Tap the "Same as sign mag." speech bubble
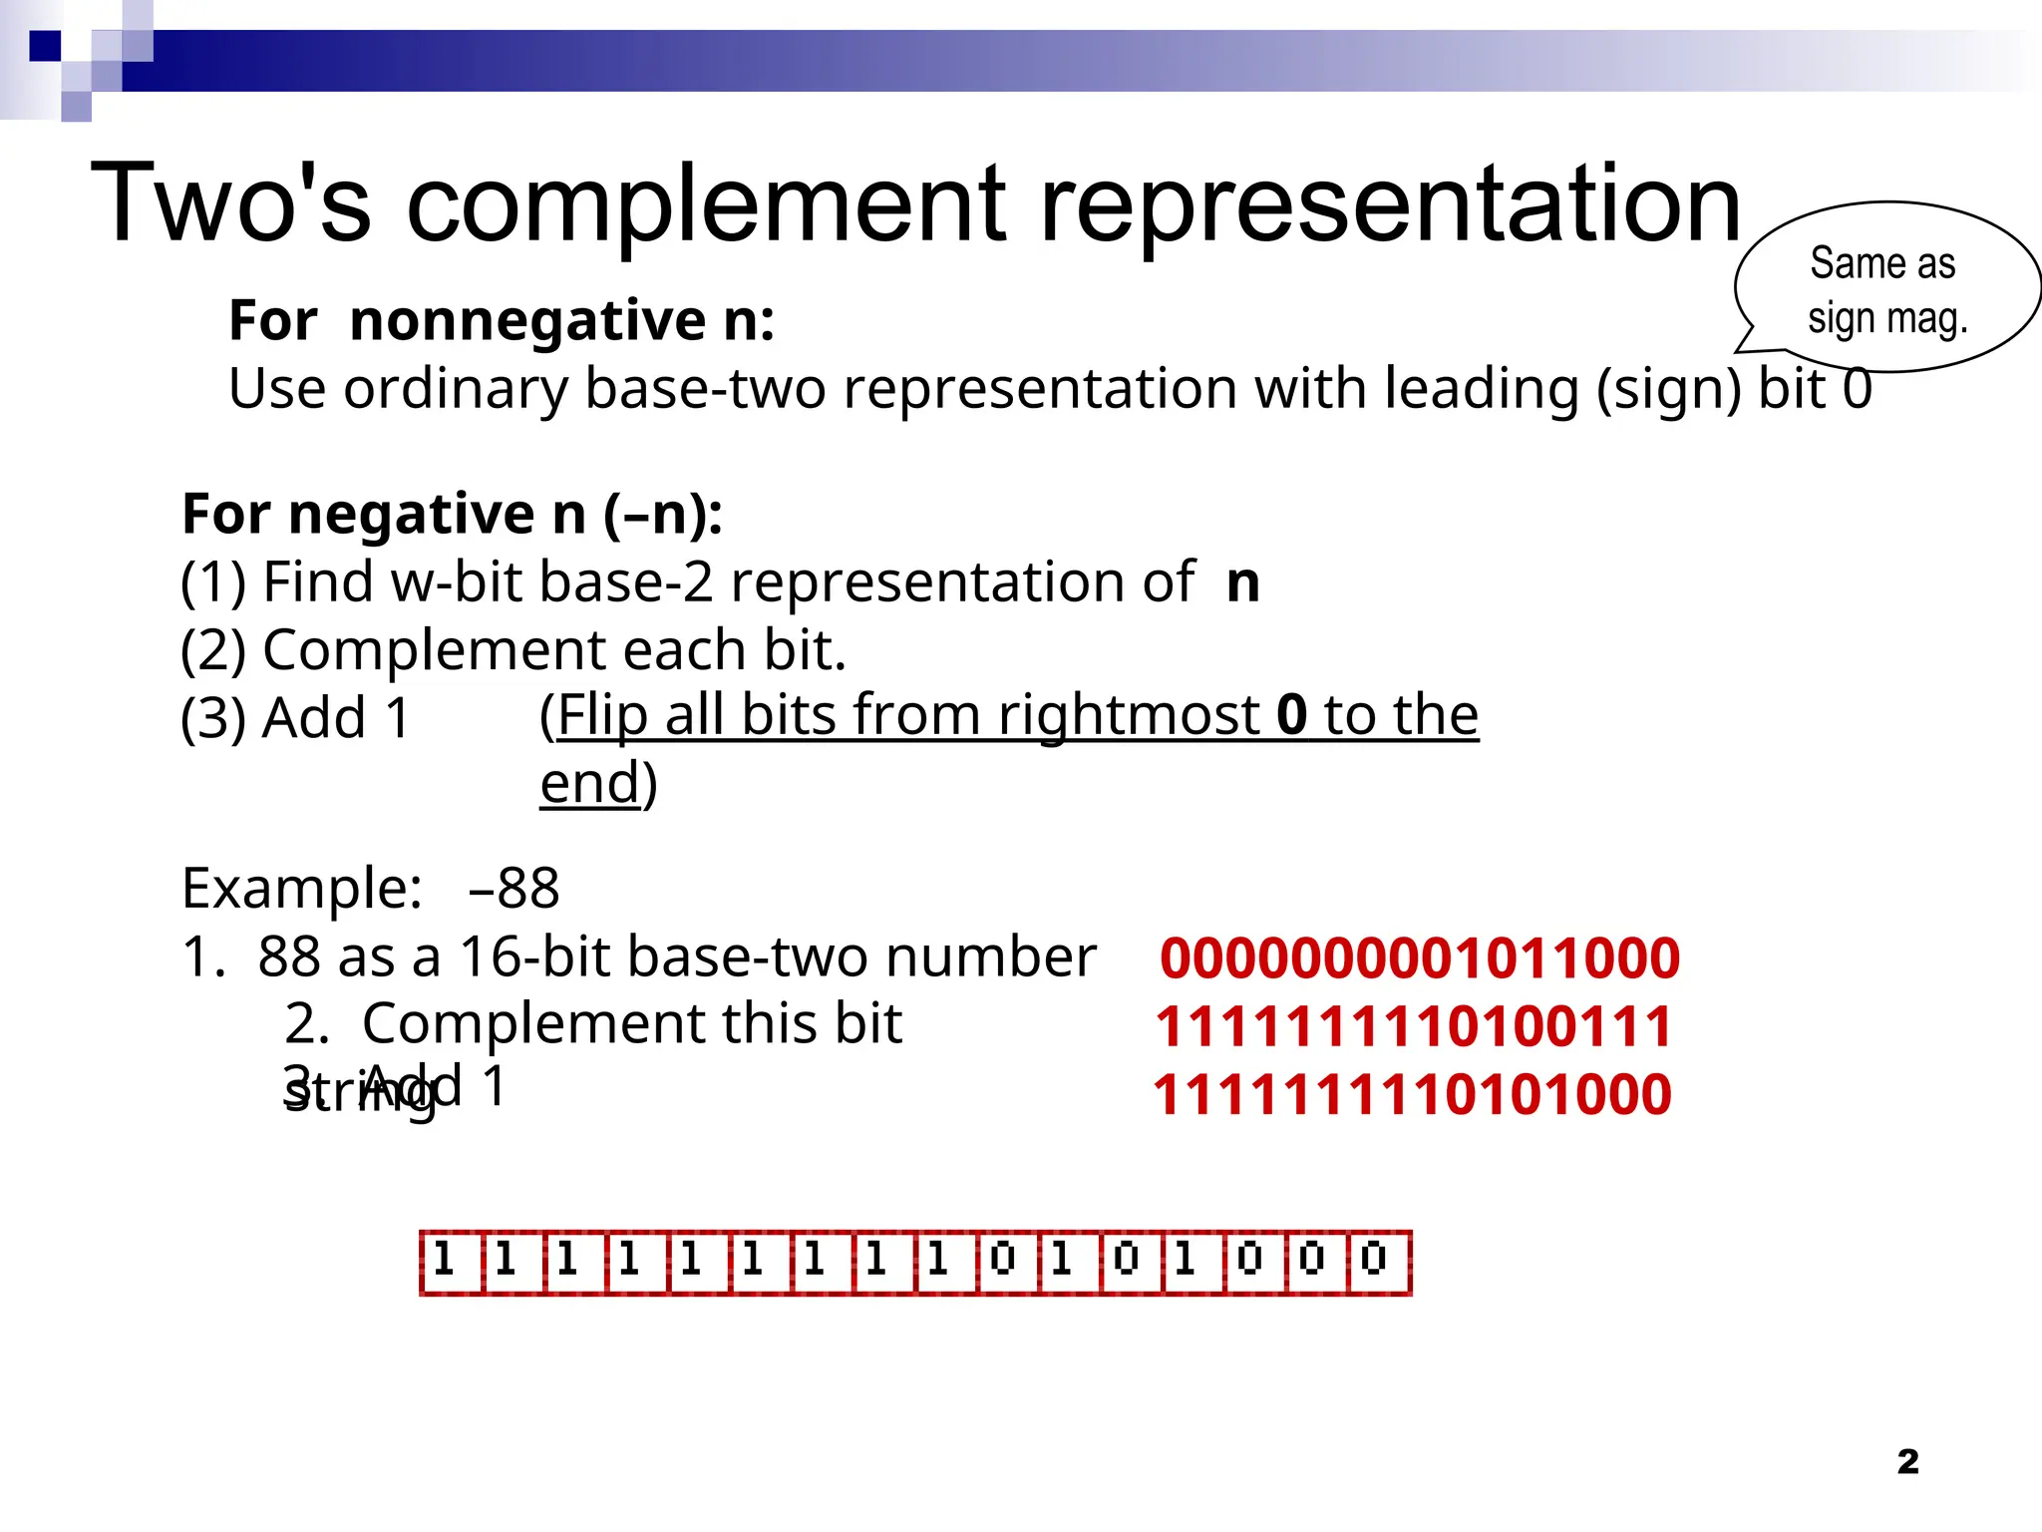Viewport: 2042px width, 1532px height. [1886, 289]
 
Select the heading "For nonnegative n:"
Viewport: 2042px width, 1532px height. [502, 320]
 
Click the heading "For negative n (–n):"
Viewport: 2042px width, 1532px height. [452, 514]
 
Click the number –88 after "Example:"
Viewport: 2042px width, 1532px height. [514, 888]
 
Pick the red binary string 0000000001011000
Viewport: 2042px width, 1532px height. [1419, 957]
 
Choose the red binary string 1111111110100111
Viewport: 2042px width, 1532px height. [1414, 1026]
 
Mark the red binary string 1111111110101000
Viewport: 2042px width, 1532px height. [1412, 1094]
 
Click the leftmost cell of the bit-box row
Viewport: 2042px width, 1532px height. [451, 1262]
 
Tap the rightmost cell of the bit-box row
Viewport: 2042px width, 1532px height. [1380, 1262]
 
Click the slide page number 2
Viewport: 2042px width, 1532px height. [1907, 1461]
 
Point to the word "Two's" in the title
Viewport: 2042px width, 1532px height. [230, 204]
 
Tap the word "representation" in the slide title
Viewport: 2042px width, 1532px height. [1390, 204]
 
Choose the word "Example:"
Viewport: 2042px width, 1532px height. [302, 888]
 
